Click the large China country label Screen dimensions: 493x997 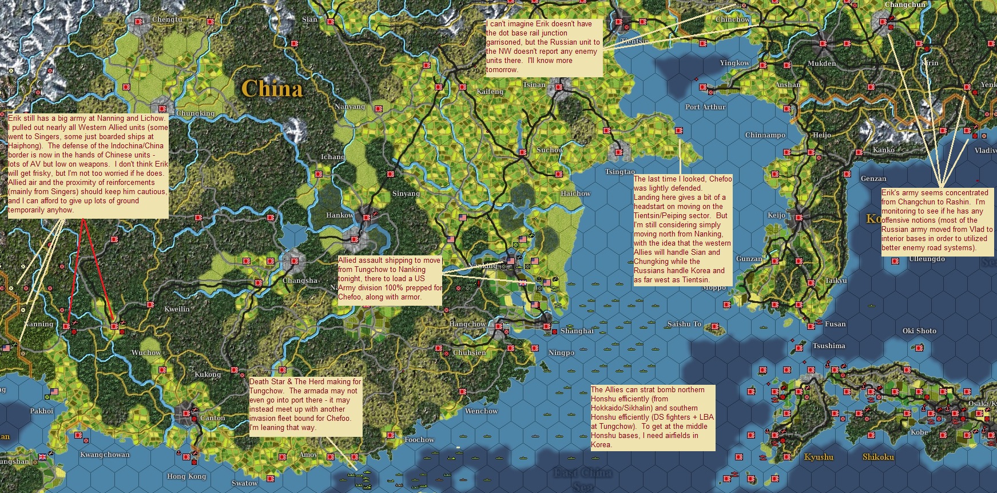click(x=272, y=89)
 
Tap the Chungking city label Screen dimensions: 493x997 click(x=195, y=113)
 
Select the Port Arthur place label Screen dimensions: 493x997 click(x=705, y=107)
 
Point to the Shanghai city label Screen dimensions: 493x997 click(x=577, y=331)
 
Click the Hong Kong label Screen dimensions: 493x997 click(x=186, y=476)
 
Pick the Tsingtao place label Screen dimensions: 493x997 click(x=619, y=172)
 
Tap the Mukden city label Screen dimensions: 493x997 click(x=821, y=64)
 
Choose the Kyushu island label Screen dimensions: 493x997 click(x=819, y=457)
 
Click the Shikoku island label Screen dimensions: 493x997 click(x=878, y=457)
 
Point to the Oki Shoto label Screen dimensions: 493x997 click(x=919, y=331)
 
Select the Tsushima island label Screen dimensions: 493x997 click(x=829, y=346)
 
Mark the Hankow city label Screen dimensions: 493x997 click(x=340, y=215)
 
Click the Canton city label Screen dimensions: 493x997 click(x=212, y=418)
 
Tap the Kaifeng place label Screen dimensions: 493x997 click(x=490, y=92)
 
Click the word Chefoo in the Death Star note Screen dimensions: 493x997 click(x=339, y=419)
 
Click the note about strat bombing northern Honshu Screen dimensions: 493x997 click(x=653, y=417)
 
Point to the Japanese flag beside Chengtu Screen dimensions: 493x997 click(x=138, y=21)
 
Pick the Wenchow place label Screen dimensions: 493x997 click(x=481, y=411)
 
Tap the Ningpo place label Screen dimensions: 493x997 click(x=561, y=353)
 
